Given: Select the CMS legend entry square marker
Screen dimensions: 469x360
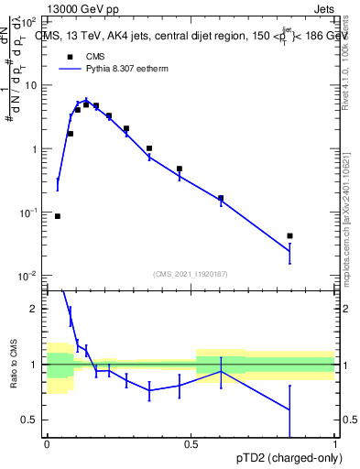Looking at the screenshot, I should click(x=69, y=57).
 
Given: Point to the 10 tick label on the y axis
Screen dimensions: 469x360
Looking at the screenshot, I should click(x=32, y=85).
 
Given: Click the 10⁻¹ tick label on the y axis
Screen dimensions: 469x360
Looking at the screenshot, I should click(x=29, y=213).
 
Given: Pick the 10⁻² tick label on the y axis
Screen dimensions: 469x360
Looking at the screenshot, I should click(x=29, y=276).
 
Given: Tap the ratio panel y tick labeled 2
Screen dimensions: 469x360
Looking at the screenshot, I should click(x=34, y=309).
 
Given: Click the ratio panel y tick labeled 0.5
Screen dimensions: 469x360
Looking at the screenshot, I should click(x=30, y=420).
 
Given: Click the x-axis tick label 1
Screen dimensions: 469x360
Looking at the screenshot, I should click(x=335, y=445).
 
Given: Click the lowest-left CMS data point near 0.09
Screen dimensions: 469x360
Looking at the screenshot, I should click(x=58, y=216).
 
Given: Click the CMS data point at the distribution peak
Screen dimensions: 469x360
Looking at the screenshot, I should click(x=86, y=104).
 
